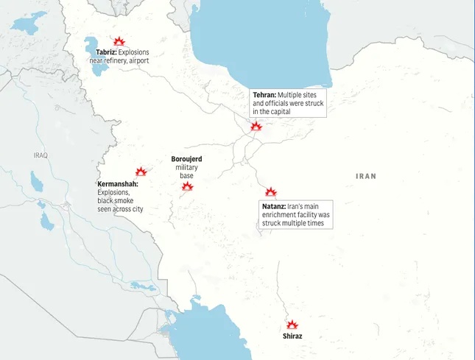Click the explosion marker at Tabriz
[119, 42]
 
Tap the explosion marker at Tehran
[256, 126]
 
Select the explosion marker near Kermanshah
[141, 171]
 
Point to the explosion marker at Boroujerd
[187, 187]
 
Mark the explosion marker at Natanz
[271, 191]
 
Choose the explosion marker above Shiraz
[292, 324]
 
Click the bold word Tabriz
[106, 52]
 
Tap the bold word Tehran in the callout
[264, 95]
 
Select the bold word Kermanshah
[117, 183]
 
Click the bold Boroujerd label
[186, 159]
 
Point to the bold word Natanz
[274, 207]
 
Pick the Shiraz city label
[292, 336]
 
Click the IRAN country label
[366, 176]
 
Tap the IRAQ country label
[40, 155]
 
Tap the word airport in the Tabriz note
[138, 60]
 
